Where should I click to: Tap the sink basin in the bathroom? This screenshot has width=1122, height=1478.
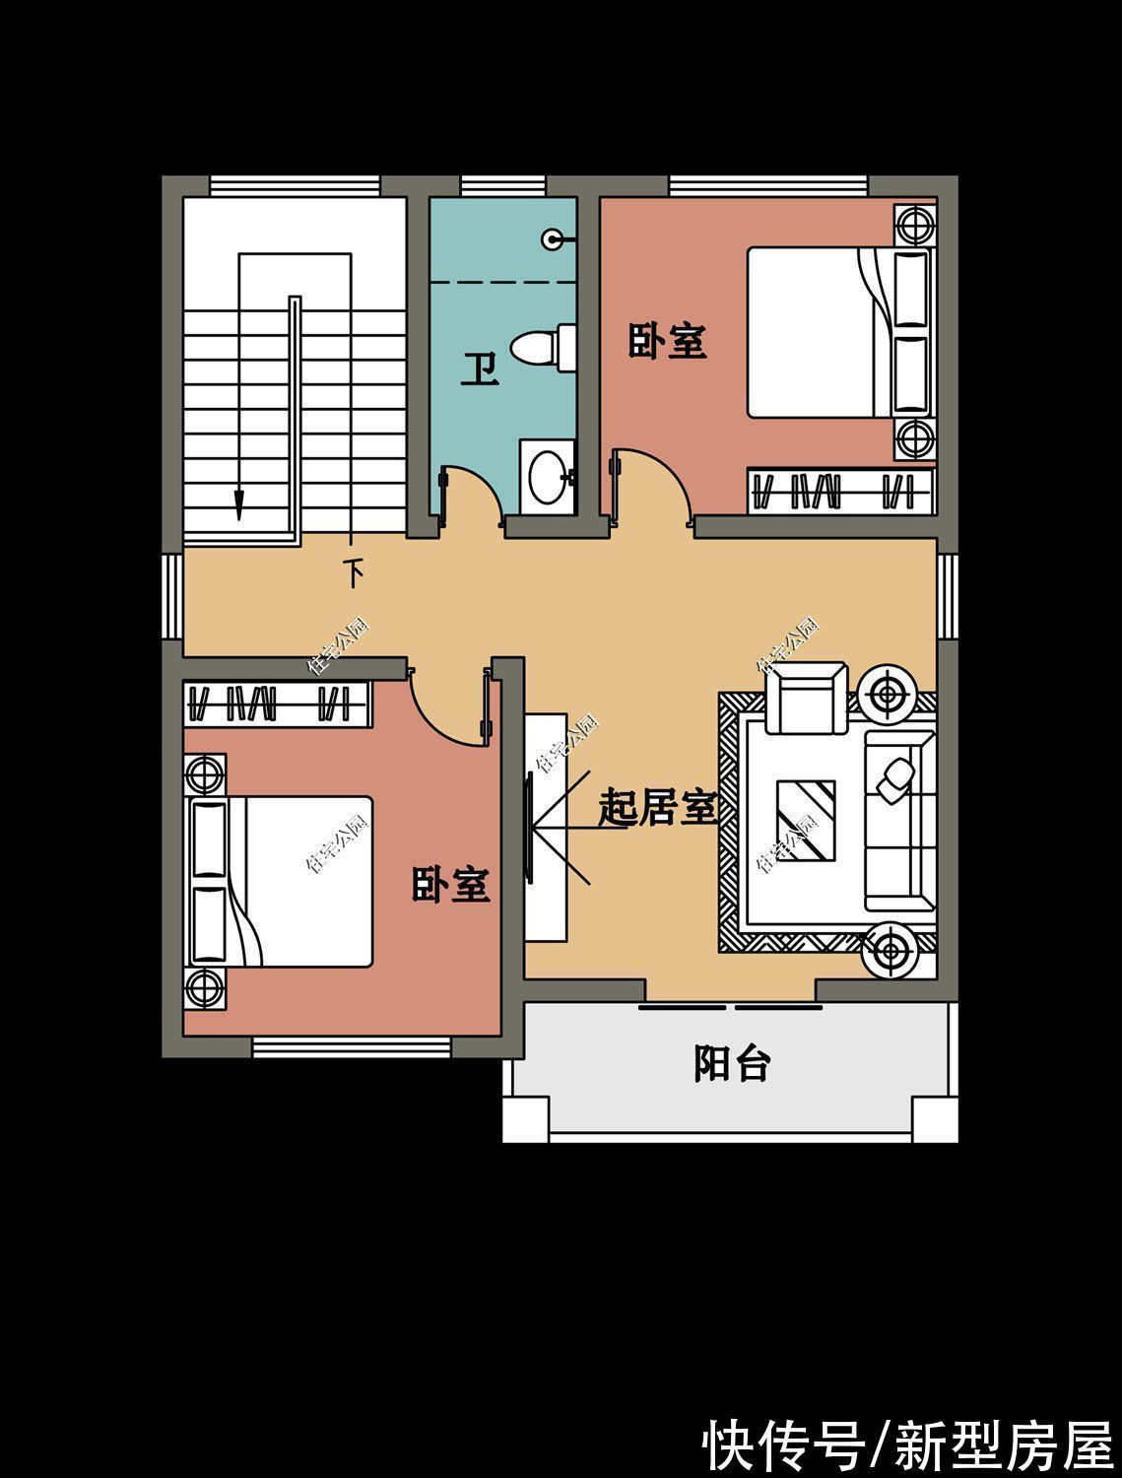coord(546,478)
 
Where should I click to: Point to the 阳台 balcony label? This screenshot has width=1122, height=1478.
coord(731,1064)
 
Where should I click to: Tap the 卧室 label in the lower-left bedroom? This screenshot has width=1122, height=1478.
coord(450,884)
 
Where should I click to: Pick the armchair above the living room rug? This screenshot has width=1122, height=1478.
coord(807,698)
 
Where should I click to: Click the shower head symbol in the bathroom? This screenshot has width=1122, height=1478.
coord(555,238)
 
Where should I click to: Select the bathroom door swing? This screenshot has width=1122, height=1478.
coord(473,490)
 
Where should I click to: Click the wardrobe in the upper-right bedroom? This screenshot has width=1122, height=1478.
coord(840,490)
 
